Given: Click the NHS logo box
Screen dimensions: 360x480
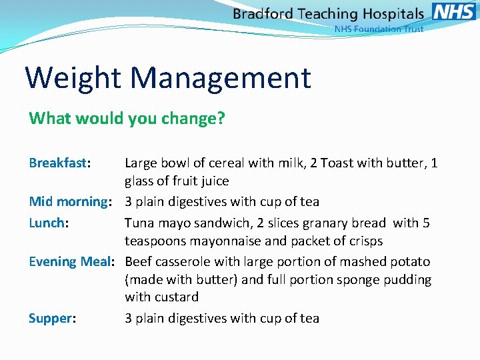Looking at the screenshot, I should click(x=454, y=11).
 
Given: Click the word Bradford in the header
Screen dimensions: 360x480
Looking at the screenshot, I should click(x=265, y=14).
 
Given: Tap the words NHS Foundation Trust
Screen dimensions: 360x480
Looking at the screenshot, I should click(x=379, y=29).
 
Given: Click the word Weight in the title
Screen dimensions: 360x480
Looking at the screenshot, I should click(x=73, y=77).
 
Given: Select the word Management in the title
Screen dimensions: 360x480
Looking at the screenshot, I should click(x=221, y=77).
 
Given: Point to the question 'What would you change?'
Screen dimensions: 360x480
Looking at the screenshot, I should click(x=127, y=119).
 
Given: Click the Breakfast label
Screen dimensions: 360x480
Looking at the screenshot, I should click(x=59, y=163).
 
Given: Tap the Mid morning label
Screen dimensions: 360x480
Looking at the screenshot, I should click(x=69, y=201).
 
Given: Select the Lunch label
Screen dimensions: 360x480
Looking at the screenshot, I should click(x=47, y=223).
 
